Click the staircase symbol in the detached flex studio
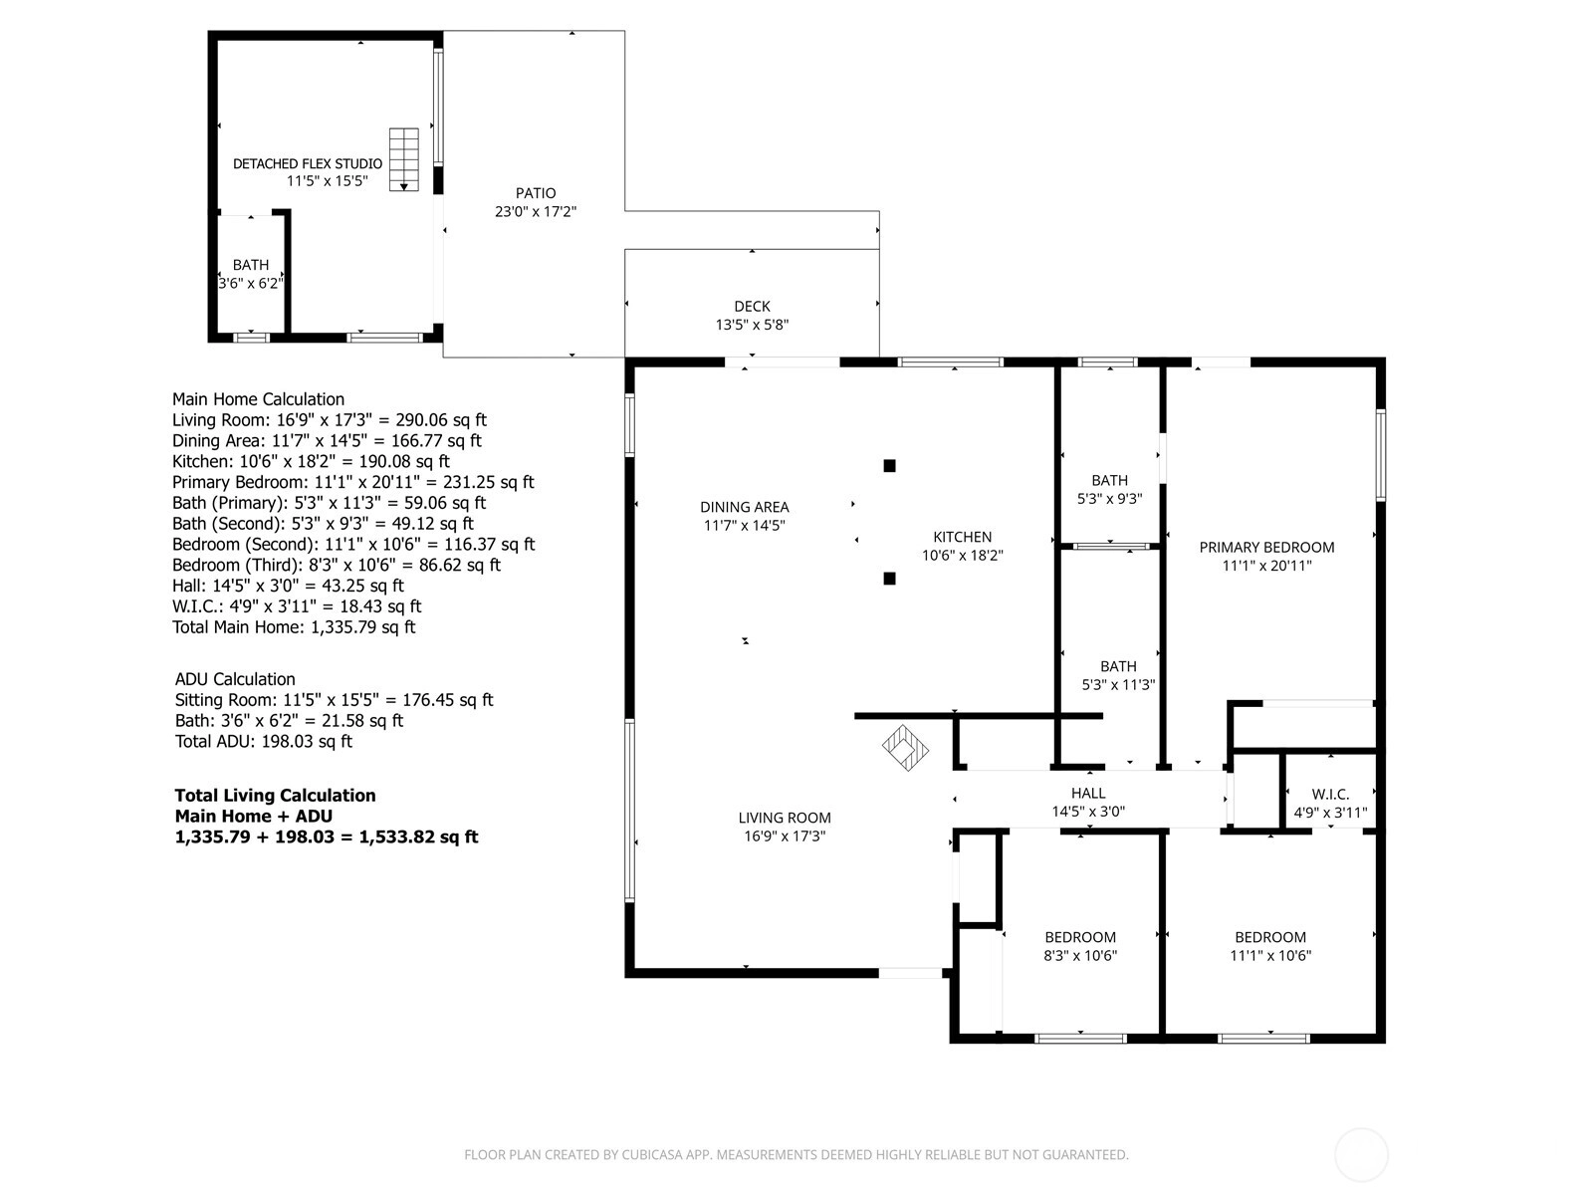pyautogui.click(x=403, y=159)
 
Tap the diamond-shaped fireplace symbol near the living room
pyautogui.click(x=905, y=747)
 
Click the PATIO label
pyautogui.click(x=536, y=193)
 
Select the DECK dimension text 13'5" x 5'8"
pyautogui.click(x=752, y=325)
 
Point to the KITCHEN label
pyautogui.click(x=963, y=537)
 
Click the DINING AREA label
pyautogui.click(x=745, y=507)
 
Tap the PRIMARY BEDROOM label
pyautogui.click(x=1266, y=548)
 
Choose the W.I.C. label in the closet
pyautogui.click(x=1330, y=795)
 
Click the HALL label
pyautogui.click(x=1088, y=793)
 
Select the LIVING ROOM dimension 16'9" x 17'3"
pyautogui.click(x=785, y=836)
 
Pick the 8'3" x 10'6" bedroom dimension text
pyautogui.click(x=1080, y=956)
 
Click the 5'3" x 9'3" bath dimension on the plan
pyautogui.click(x=1110, y=499)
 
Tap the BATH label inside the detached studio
pyautogui.click(x=251, y=265)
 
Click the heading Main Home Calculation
pyautogui.click(x=258, y=399)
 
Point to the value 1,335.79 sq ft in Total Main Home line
pyautogui.click(x=362, y=627)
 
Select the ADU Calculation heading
pyautogui.click(x=235, y=679)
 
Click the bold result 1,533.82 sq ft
pyautogui.click(x=419, y=836)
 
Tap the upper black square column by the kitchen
pyautogui.click(x=889, y=466)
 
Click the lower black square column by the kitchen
pyautogui.click(x=889, y=579)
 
